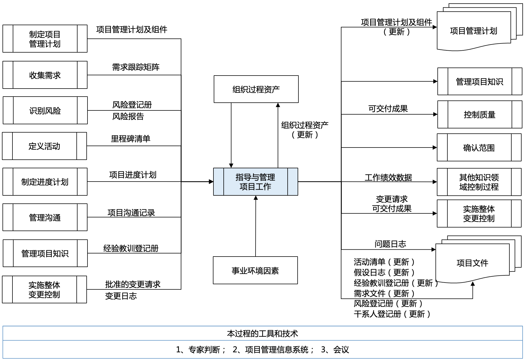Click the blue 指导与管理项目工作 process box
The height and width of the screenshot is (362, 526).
click(x=255, y=182)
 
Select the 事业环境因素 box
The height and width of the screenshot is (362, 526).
click(x=255, y=270)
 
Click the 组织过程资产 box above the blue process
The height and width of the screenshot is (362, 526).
click(x=256, y=89)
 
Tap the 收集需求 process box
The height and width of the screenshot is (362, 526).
click(x=45, y=75)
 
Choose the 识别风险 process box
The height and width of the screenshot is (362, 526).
click(x=45, y=110)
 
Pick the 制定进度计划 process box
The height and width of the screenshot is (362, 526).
click(x=45, y=182)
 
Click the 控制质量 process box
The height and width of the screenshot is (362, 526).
click(x=479, y=115)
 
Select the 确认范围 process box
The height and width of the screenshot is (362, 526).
click(x=479, y=148)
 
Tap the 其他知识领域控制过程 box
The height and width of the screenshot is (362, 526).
click(x=479, y=182)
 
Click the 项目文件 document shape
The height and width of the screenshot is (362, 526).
click(x=472, y=263)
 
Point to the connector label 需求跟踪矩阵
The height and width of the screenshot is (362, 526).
click(x=136, y=67)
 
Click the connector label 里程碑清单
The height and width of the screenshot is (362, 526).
click(x=130, y=139)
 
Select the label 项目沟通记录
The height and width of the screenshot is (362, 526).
click(x=131, y=213)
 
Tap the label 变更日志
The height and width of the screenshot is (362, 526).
click(x=121, y=296)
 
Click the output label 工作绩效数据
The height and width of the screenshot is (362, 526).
click(x=388, y=177)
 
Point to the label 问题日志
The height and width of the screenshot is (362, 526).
click(x=390, y=244)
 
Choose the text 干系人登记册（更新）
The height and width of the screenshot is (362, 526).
click(x=392, y=314)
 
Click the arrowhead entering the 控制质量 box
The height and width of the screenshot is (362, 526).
click(x=435, y=114)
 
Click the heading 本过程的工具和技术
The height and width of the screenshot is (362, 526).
click(x=262, y=333)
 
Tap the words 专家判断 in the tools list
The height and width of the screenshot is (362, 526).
click(x=204, y=350)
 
